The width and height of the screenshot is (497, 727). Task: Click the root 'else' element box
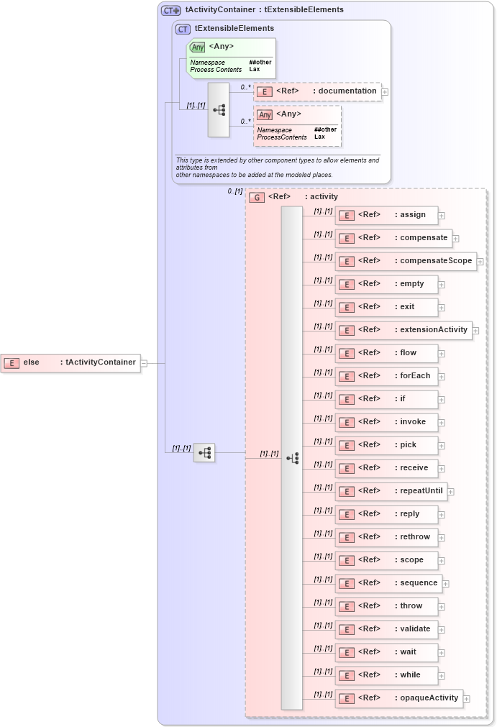click(x=70, y=362)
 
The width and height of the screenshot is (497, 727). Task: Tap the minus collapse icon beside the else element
click(x=144, y=363)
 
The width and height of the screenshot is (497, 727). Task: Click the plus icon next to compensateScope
click(x=480, y=262)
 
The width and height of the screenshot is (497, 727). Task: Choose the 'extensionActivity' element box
click(x=403, y=330)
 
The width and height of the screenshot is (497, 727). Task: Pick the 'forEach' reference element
click(x=387, y=376)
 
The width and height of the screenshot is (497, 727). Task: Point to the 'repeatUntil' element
click(x=391, y=491)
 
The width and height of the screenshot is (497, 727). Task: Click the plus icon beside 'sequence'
click(x=445, y=584)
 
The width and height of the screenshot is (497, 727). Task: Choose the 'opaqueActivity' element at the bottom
click(x=399, y=698)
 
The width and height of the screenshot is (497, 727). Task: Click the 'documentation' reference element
click(x=316, y=91)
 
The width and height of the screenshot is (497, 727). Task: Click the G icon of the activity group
click(x=256, y=197)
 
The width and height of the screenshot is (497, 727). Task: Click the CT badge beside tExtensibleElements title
click(x=183, y=29)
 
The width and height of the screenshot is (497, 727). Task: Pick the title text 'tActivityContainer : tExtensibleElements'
click(x=264, y=10)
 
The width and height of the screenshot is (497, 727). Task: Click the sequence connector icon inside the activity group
click(x=292, y=457)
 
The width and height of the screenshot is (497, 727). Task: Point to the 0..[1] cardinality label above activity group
click(x=234, y=191)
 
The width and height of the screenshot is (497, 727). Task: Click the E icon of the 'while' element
click(x=347, y=675)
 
